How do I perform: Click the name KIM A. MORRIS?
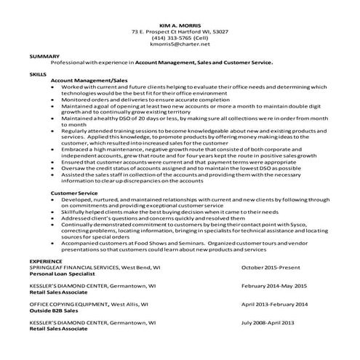(180, 25)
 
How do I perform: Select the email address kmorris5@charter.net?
(179, 44)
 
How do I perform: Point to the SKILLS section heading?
(37, 74)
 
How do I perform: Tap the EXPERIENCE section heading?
(45, 260)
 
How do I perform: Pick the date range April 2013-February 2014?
(274, 304)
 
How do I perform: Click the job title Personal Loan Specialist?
(64, 273)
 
